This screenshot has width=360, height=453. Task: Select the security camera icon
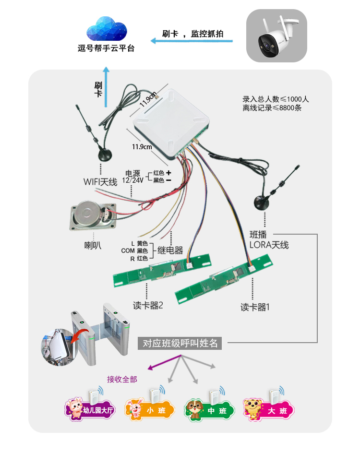pyautogui.click(x=276, y=36)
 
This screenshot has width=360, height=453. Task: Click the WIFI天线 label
pyautogui.click(x=100, y=182)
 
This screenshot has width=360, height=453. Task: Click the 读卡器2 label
pyautogui.click(x=148, y=305)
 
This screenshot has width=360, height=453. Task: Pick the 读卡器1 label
pyautogui.click(x=255, y=307)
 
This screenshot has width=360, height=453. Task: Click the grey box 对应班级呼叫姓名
pyautogui.click(x=180, y=343)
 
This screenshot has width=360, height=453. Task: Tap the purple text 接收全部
pyautogui.click(x=122, y=380)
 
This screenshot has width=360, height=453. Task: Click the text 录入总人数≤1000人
pyautogui.click(x=276, y=99)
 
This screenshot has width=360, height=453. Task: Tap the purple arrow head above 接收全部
pyautogui.click(x=151, y=368)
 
